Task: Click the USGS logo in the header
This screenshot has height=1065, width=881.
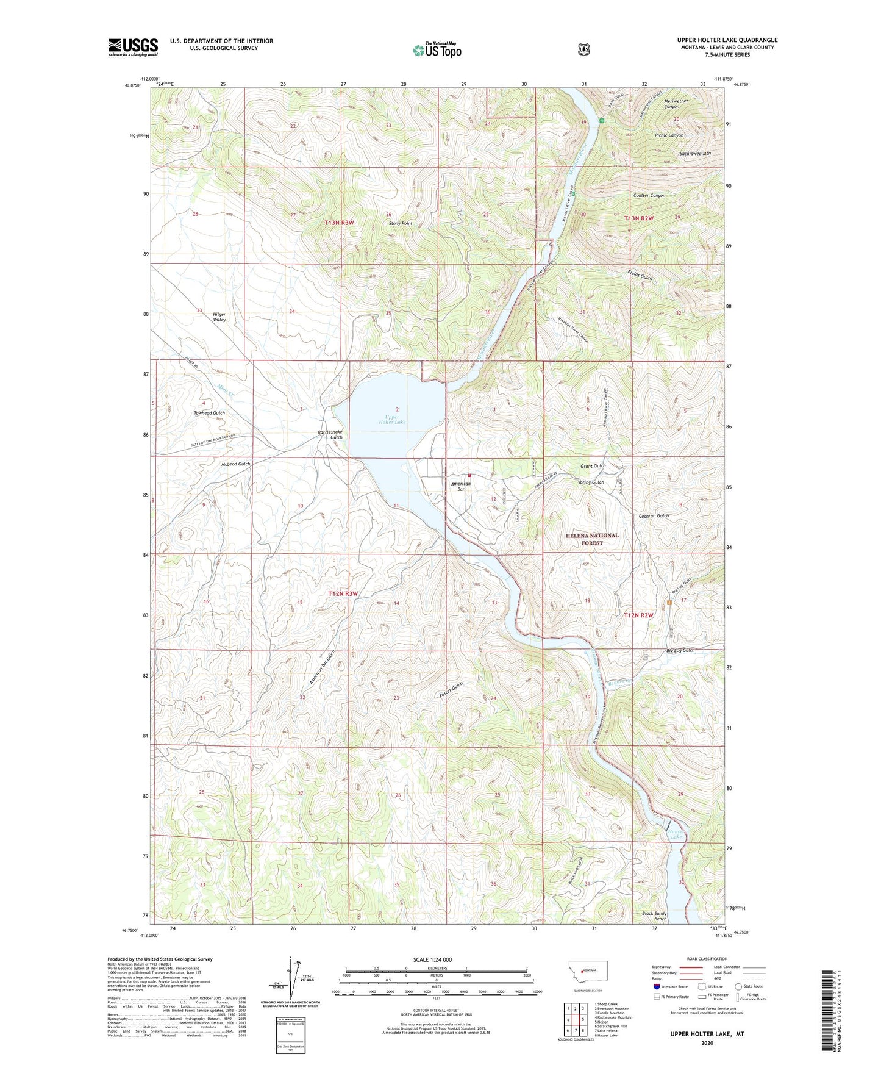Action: point(133,47)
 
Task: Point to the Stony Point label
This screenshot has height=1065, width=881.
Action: point(401,224)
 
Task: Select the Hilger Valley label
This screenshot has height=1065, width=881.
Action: point(219,317)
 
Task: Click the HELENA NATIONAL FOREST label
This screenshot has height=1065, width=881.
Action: point(591,539)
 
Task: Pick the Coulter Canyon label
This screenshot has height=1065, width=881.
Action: point(649,196)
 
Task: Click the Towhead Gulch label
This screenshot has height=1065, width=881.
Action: point(209,413)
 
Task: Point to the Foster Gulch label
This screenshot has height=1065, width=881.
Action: point(451,690)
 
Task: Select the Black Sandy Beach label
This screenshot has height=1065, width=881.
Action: point(654,916)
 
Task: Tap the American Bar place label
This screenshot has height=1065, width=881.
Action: point(460,486)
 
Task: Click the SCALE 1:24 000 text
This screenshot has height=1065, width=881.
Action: point(432,959)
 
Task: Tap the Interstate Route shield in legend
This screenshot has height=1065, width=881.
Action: point(656,986)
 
